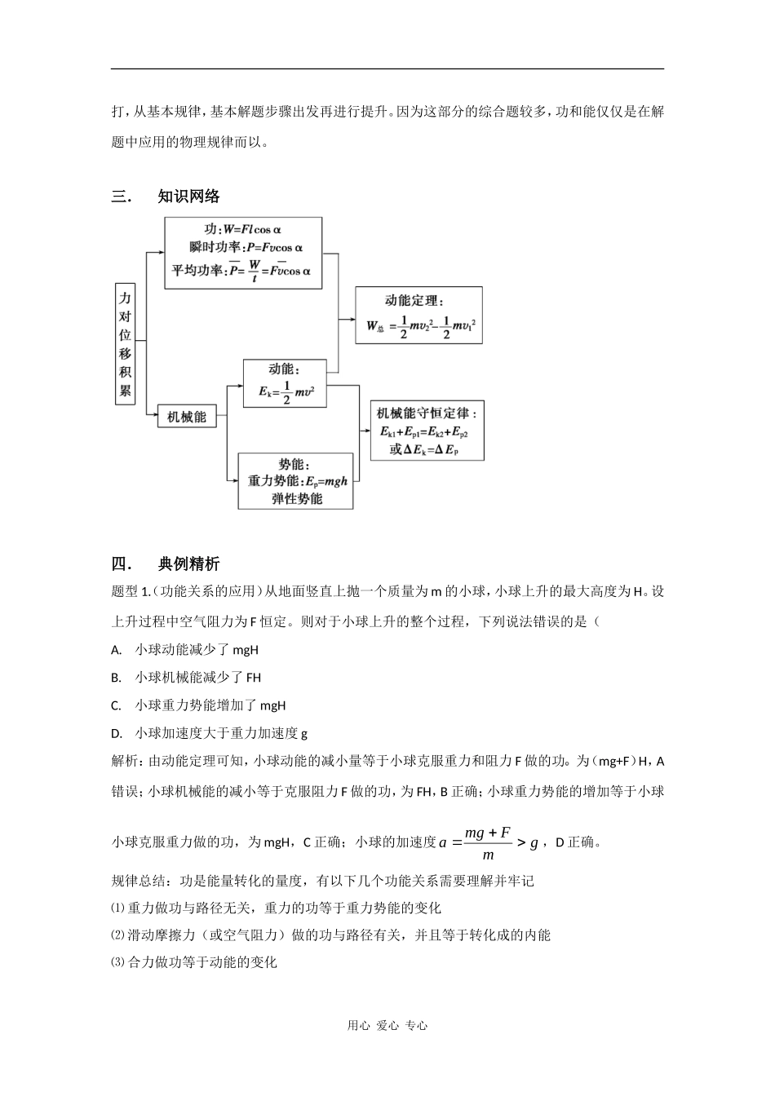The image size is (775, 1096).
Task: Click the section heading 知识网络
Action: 188,196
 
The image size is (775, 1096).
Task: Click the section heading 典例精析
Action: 188,563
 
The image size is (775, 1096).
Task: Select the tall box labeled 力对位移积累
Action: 125,345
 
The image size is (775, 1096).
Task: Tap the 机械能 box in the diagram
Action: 187,417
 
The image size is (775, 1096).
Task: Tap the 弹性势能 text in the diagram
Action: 297,498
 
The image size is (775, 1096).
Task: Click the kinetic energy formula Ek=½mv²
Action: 286,392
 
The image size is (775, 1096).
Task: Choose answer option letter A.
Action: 116,650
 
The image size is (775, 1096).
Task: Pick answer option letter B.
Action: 116,678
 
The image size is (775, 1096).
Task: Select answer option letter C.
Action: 116,705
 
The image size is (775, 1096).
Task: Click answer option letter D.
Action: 116,733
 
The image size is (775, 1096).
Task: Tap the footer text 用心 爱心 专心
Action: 387,1026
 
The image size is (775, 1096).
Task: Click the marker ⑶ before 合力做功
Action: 119,962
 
